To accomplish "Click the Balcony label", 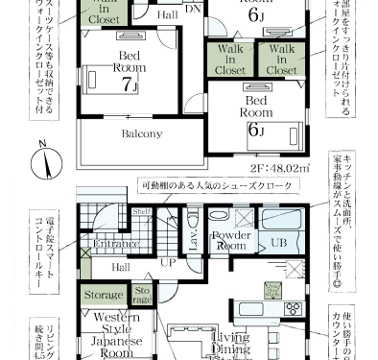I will (x=142, y=133).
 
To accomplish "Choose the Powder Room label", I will (x=231, y=239).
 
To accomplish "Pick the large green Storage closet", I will (x=103, y=295).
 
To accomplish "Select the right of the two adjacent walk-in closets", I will (x=280, y=58).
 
